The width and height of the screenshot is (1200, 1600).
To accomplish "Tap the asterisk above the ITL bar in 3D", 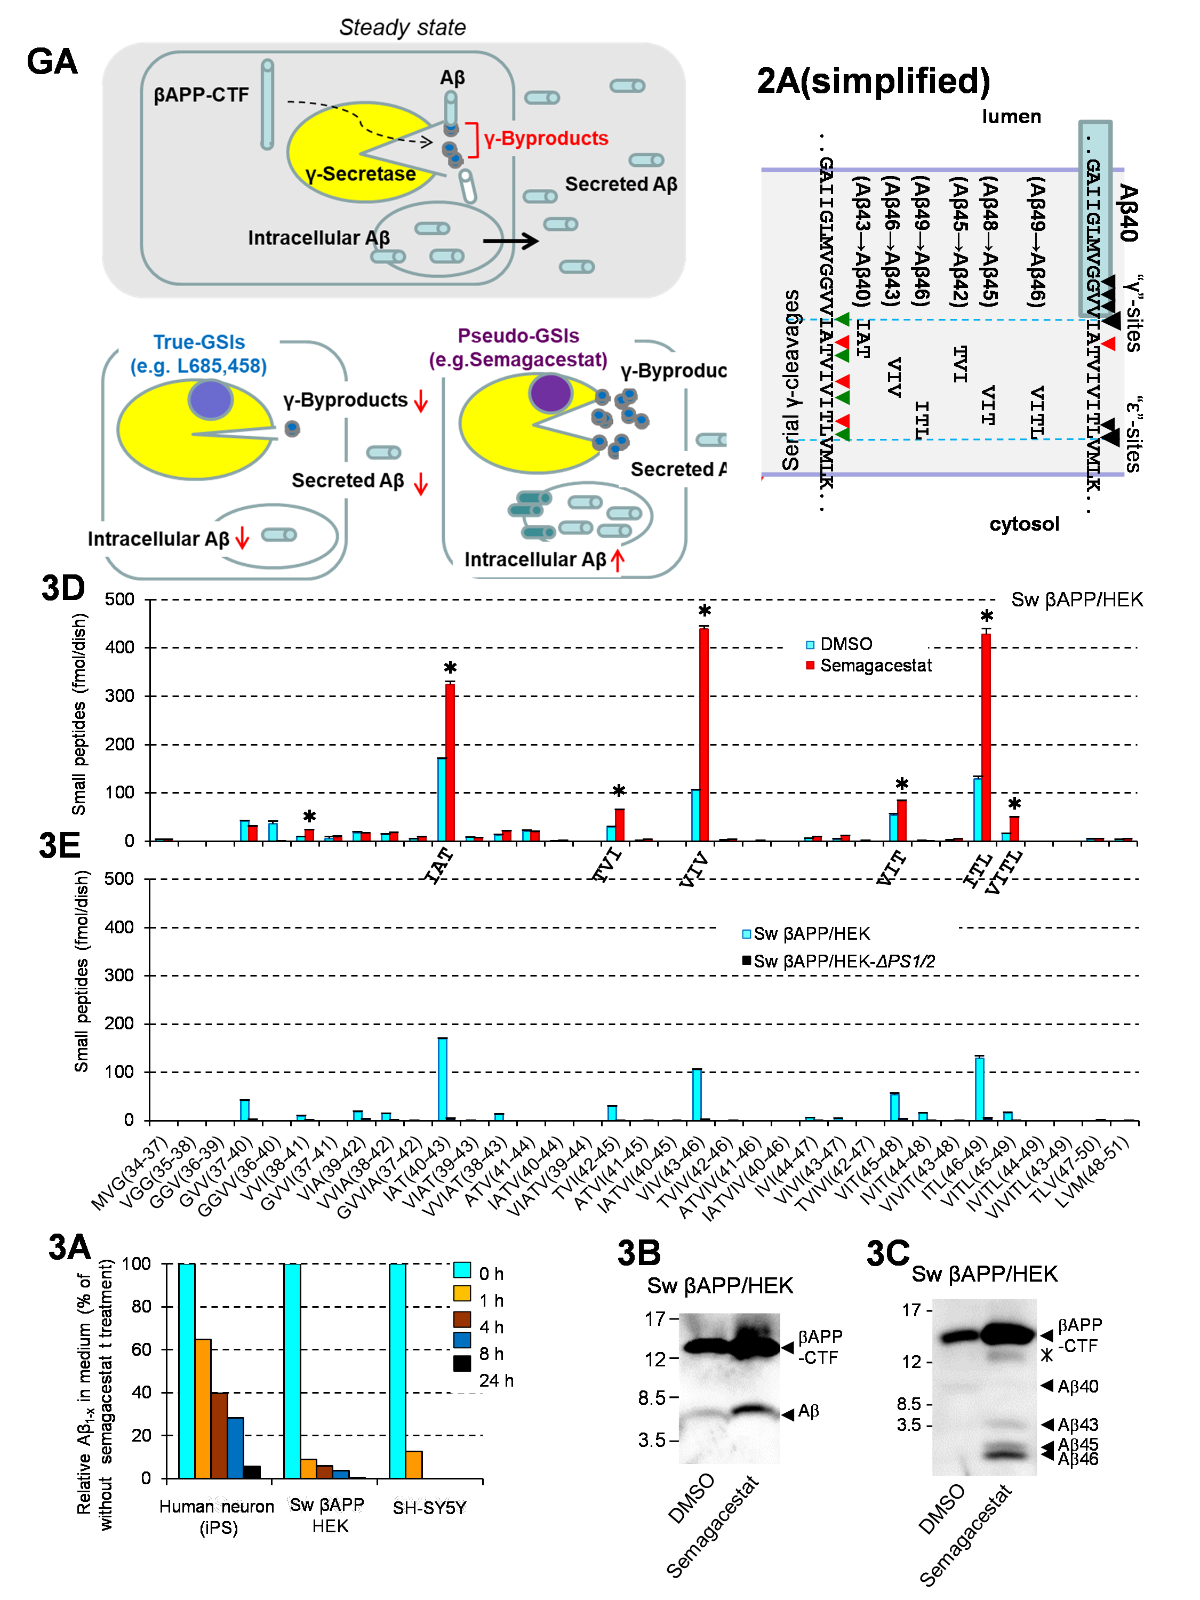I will pyautogui.click(x=987, y=617).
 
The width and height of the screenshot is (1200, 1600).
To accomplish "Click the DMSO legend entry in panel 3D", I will pyautogui.click(x=839, y=644).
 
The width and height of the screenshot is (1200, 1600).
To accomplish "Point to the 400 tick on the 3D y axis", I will pyautogui.click(x=119, y=648).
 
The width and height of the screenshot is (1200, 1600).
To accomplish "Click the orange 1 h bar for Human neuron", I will pyautogui.click(x=203, y=1409).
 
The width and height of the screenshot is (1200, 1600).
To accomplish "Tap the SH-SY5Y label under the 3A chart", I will pyautogui.click(x=429, y=1507).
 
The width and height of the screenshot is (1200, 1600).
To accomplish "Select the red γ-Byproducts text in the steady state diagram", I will pyautogui.click(x=546, y=138).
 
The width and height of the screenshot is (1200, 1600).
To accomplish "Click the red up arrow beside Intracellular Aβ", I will pyautogui.click(x=617, y=560).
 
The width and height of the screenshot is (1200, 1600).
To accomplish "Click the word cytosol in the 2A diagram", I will pyautogui.click(x=1023, y=524).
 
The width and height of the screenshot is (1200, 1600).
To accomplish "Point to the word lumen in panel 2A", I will pyautogui.click(x=1011, y=116).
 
